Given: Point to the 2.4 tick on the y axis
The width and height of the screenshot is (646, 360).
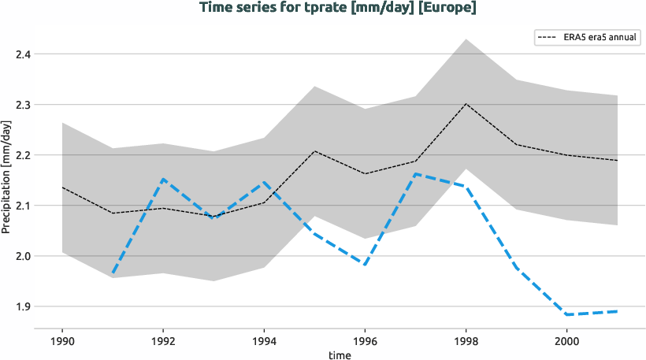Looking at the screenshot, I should click(x=23, y=54).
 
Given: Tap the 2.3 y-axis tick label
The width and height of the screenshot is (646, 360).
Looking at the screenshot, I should click(x=23, y=105).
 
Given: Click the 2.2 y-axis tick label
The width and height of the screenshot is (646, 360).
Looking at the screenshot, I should click(x=23, y=155).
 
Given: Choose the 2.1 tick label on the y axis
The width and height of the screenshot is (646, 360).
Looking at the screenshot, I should click(x=23, y=206).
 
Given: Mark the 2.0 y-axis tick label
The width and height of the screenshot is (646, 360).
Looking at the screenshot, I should click(x=23, y=256).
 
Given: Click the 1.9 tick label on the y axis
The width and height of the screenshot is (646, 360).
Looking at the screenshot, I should click(x=23, y=306).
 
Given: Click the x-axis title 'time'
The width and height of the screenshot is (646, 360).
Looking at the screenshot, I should click(x=340, y=355).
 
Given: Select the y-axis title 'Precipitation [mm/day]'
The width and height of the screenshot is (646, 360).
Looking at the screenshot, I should click(x=7, y=177).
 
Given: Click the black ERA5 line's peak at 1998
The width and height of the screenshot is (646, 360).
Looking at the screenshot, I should click(x=466, y=104).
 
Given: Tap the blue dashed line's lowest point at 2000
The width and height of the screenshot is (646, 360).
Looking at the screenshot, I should click(x=566, y=314).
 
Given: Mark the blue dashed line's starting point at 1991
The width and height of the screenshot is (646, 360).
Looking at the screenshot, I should click(x=113, y=274).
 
